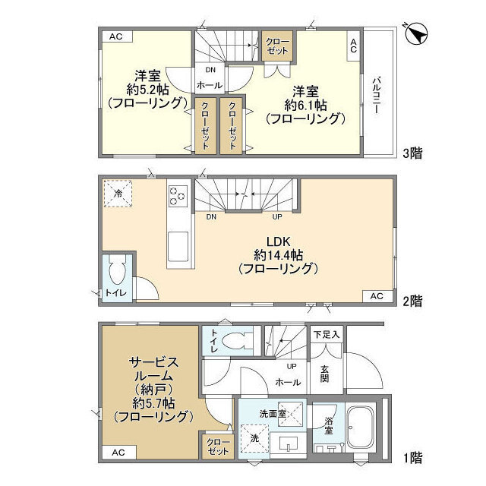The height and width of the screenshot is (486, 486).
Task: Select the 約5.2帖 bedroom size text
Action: pyautogui.click(x=147, y=90)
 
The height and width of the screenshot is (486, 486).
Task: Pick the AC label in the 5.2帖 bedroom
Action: pyautogui.click(x=115, y=36)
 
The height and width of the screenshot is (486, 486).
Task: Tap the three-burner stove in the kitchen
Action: pyautogui.click(x=178, y=196)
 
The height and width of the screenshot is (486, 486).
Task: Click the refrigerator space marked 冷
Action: pyautogui.click(x=118, y=193)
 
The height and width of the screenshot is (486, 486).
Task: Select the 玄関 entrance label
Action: pyautogui.click(x=324, y=374)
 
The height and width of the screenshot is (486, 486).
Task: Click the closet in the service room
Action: pyautogui.click(x=216, y=447)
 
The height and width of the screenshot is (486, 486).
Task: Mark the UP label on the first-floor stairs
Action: pyautogui.click(x=292, y=365)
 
